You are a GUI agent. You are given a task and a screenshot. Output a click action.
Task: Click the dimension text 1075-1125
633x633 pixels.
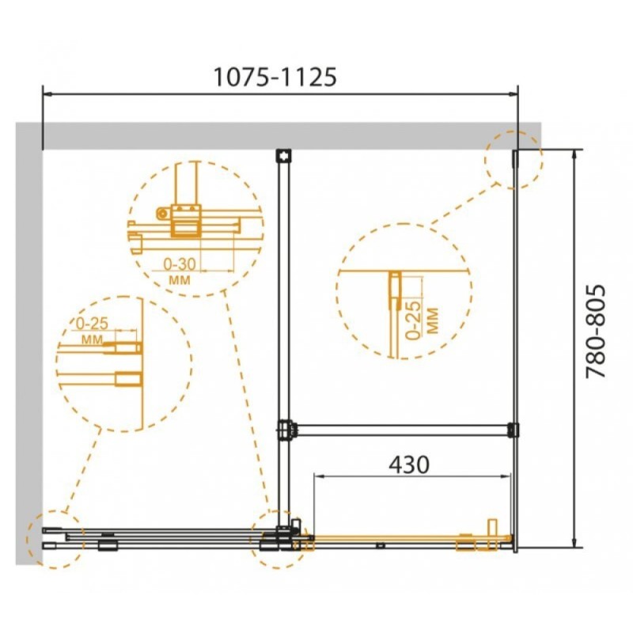click(275, 77)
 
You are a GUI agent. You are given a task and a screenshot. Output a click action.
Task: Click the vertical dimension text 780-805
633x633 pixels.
click(596, 332)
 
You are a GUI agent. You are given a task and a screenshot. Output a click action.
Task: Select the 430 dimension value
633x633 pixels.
click(409, 464)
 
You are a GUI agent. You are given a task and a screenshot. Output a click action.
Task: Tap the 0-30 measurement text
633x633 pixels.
click(180, 264)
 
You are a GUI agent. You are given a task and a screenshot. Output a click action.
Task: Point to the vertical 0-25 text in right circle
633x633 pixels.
click(412, 320)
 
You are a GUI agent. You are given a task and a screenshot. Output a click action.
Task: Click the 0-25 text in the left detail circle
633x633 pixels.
click(92, 324)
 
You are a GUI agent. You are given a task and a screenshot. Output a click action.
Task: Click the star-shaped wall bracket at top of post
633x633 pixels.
click(284, 155)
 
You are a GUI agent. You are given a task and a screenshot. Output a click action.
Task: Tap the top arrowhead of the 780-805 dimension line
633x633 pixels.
click(574, 154)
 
